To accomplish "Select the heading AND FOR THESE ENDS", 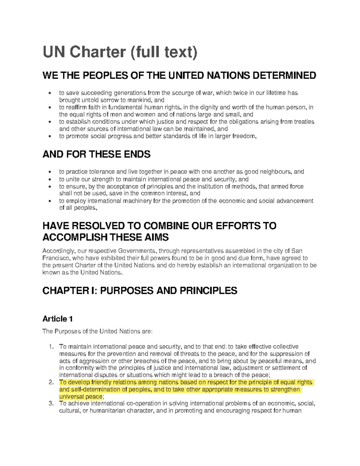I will (x=96, y=155).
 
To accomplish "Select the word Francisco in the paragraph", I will (x=55, y=258).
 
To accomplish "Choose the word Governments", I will (x=137, y=251).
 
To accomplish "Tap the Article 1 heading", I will (x=57, y=319).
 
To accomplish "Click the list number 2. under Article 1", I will (x=51, y=383).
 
